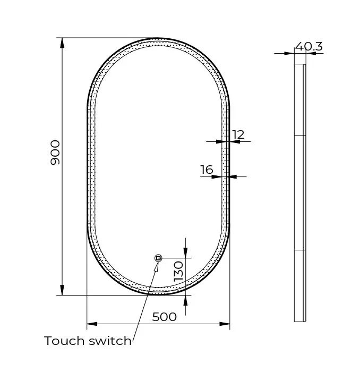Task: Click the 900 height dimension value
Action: coord(55,152)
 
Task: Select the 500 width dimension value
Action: coord(164,317)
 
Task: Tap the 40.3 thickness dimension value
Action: coord(308,46)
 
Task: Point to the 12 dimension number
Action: coord(238,134)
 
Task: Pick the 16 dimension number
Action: coord(207,170)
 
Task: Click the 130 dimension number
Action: coord(178,271)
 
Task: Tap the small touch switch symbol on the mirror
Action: coord(158,258)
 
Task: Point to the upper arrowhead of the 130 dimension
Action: coord(185,253)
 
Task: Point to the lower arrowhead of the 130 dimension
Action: coord(185,299)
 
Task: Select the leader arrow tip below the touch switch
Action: coord(157,264)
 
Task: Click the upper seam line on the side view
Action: coord(300,136)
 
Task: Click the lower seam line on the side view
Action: coord(300,249)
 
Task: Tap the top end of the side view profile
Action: coord(300,65)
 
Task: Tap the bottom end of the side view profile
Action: coord(300,320)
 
